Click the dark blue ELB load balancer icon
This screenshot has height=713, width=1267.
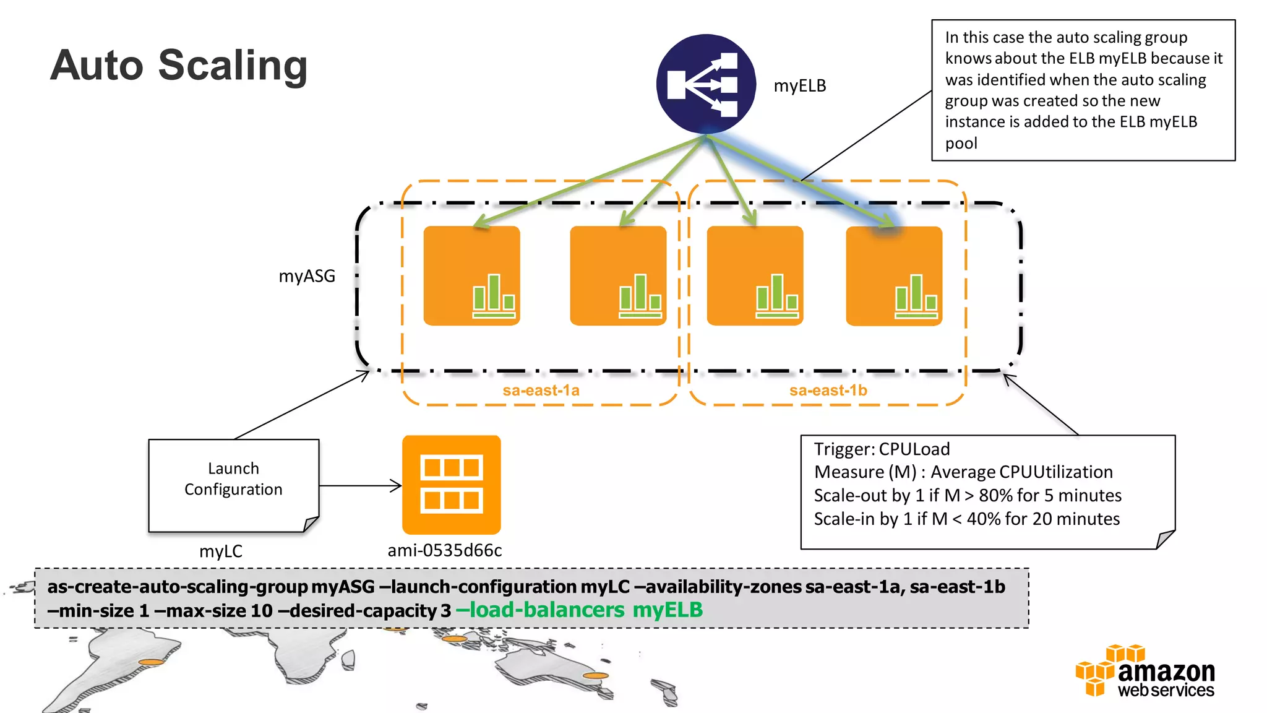(x=706, y=84)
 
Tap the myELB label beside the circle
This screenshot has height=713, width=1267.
(x=799, y=86)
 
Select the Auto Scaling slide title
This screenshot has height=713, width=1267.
(x=179, y=66)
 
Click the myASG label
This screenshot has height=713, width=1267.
(x=307, y=276)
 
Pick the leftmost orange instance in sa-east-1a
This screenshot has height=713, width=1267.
(x=471, y=276)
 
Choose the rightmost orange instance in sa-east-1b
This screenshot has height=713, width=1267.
(x=894, y=276)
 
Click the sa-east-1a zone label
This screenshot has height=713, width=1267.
(x=541, y=391)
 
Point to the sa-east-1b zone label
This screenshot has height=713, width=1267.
(x=828, y=391)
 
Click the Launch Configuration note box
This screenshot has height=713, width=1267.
(x=233, y=485)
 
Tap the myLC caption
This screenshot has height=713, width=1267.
(x=221, y=551)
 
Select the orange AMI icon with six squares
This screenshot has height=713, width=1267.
(x=451, y=485)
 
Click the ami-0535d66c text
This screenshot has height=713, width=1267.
(x=444, y=550)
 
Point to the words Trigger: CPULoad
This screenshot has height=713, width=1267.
(x=881, y=449)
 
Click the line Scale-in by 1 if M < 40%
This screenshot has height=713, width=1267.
(x=966, y=519)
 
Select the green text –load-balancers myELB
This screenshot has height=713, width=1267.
(x=579, y=610)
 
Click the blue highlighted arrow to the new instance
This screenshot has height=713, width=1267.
(x=804, y=179)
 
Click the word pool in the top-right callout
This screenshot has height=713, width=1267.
(x=961, y=144)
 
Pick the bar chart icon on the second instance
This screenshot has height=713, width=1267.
(x=640, y=296)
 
